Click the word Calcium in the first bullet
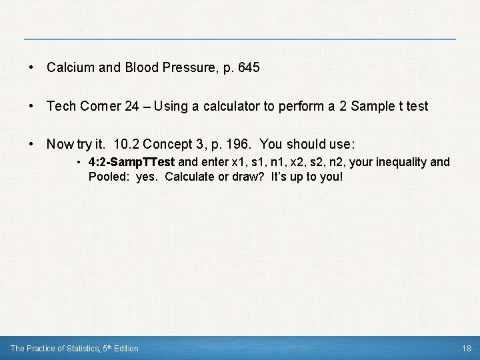coord(67,68)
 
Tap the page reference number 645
coord(248,68)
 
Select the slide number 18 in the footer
coord(466,348)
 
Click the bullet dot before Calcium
coord(31,68)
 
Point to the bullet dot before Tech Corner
coord(31,106)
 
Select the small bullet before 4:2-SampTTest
coord(79,163)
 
